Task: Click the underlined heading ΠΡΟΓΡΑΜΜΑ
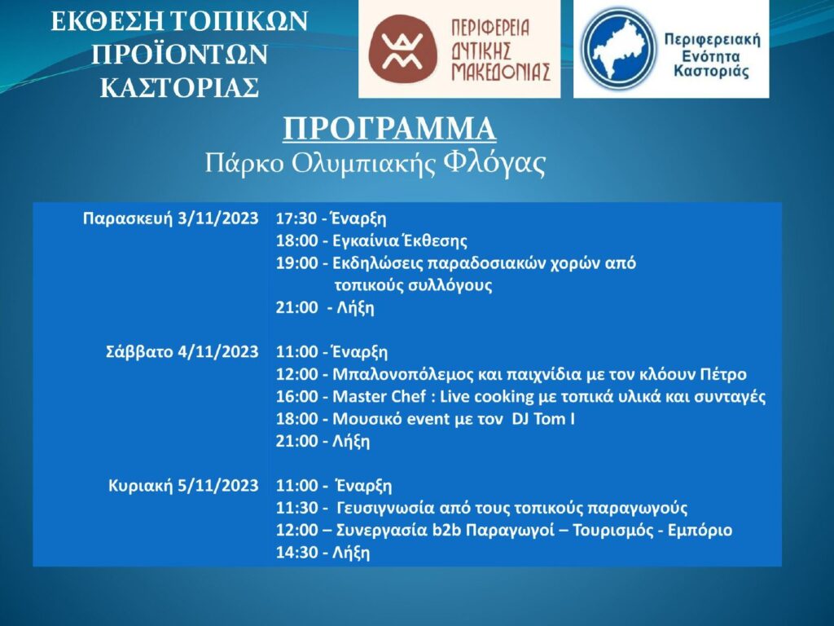[x=389, y=130]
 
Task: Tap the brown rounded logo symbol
[x=403, y=48]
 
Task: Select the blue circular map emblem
[x=619, y=48]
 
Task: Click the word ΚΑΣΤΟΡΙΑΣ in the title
[x=180, y=88]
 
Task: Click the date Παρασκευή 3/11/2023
[x=171, y=218]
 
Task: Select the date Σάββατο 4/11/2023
[x=182, y=352]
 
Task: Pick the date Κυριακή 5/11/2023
[x=183, y=486]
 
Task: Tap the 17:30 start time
[x=296, y=218]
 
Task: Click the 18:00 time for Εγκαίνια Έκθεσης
[x=296, y=241]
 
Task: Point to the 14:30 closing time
[x=296, y=553]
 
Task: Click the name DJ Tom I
[x=543, y=419]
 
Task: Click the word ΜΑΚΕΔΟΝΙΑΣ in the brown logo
[x=501, y=72]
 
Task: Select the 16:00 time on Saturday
[x=296, y=397]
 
